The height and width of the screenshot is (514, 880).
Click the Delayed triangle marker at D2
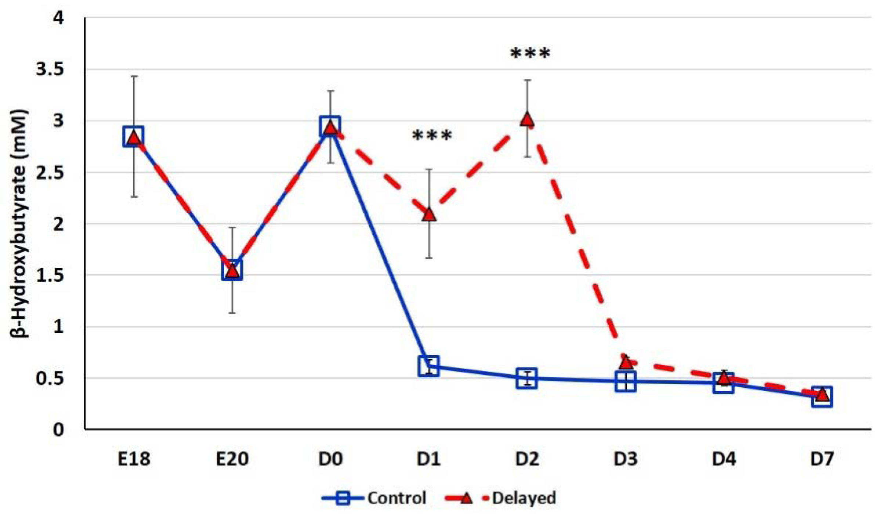tap(527, 120)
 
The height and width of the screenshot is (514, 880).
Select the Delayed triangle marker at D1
tap(429, 214)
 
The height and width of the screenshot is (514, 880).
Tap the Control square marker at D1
tap(429, 366)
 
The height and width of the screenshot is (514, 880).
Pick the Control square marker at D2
tap(527, 378)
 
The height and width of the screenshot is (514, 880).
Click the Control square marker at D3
tap(626, 382)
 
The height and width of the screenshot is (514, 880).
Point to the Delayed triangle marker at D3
tap(626, 363)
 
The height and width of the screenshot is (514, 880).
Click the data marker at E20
tap(232, 270)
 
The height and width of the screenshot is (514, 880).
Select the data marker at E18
tap(134, 137)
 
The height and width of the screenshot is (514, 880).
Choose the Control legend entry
tap(374, 498)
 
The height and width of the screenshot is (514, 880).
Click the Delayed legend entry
tap(501, 498)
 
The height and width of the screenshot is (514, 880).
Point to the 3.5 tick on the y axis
tap(50, 69)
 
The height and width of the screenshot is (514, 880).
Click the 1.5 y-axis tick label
tap(50, 275)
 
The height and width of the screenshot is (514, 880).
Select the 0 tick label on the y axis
tap(58, 429)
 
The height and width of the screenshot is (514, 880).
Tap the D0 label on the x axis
tap(330, 459)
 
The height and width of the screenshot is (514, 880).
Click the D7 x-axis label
tap(822, 459)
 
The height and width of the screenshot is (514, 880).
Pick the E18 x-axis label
tap(134, 459)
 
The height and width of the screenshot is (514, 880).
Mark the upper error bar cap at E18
tap(134, 76)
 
